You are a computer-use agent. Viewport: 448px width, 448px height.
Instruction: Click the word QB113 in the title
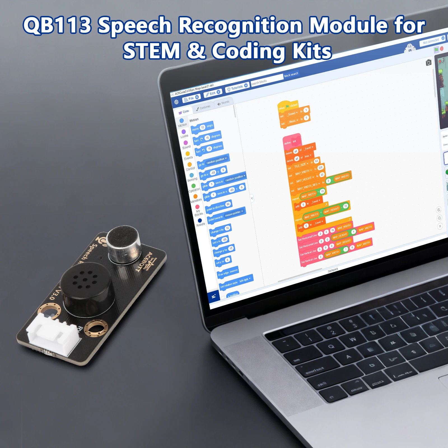(57, 25)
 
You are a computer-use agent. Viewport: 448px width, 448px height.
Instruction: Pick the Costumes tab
(204, 108)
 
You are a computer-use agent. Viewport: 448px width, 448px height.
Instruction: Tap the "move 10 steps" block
(202, 128)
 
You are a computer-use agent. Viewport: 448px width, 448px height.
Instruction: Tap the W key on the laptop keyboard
(353, 339)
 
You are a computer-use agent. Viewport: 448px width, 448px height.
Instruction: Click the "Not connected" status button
(431, 41)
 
